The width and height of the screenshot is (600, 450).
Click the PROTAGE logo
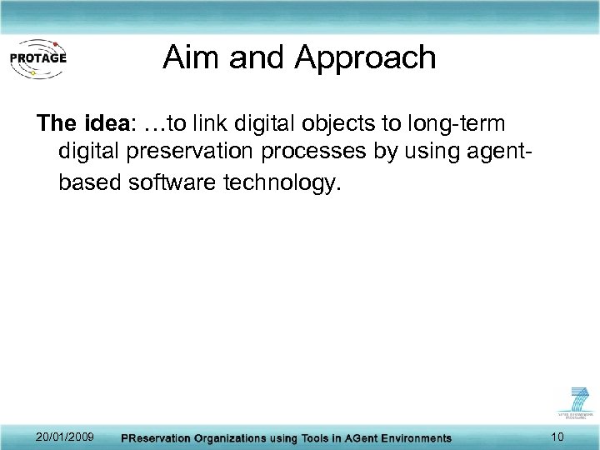coord(37,57)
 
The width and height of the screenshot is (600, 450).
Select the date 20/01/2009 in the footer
coord(66,437)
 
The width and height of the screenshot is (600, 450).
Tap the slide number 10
coord(557,437)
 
